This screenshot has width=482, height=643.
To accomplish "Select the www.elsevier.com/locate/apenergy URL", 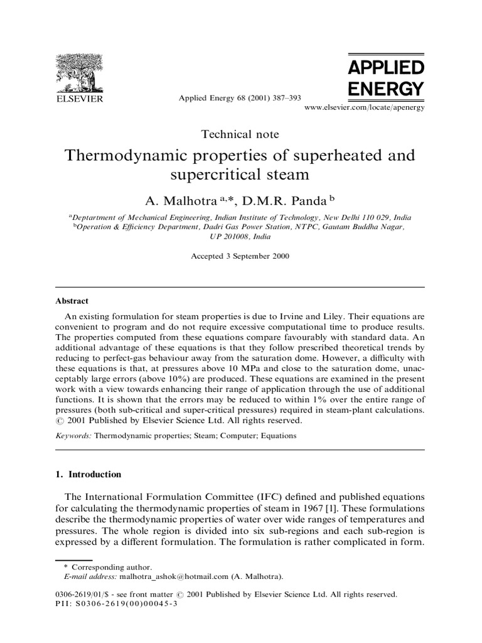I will tap(364, 108).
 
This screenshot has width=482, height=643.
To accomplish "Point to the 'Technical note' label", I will tap(240, 134).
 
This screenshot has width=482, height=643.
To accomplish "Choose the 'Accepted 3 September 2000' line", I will tap(240, 256).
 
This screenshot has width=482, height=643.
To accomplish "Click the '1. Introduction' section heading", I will tap(88, 475).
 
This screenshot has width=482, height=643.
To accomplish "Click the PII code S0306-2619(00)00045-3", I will tap(129, 603).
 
